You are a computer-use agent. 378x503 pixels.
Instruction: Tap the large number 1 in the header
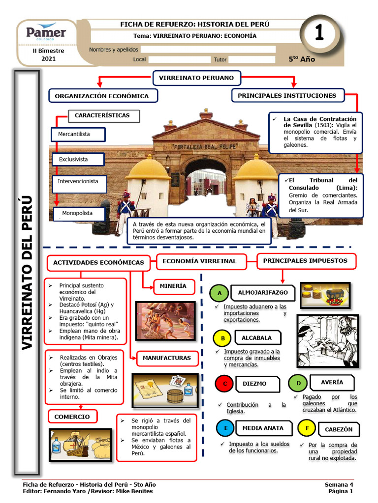pos(318,33)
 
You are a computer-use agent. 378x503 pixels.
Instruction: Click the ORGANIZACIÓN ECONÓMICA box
pos(102,96)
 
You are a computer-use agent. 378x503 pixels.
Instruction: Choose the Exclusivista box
pos(78,160)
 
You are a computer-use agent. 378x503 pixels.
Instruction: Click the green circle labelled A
pos(220,294)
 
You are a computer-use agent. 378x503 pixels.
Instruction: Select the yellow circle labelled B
pos(222,338)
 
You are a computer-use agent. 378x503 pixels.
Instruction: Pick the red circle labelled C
pos(224,384)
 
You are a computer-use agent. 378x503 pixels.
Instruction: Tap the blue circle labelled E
pos(225,428)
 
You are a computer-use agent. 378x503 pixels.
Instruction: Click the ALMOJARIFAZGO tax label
pos(263,293)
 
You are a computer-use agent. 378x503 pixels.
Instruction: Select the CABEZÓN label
pos(339,429)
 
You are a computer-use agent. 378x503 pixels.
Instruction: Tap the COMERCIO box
pos(72,417)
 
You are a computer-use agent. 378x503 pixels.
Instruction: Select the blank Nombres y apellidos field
pos(208,49)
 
